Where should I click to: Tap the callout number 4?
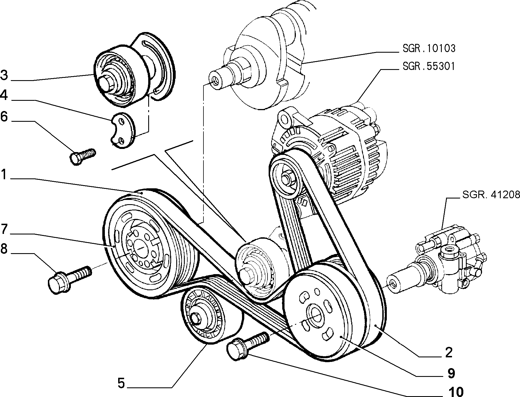click(4, 95)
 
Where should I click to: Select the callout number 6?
click(4, 116)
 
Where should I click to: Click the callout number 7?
click(4, 229)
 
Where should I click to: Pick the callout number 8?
click(4, 249)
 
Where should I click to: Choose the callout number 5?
click(121, 383)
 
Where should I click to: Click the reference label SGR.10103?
click(429, 48)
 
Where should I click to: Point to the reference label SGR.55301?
click(429, 67)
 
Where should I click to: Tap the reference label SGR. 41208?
click(491, 195)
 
